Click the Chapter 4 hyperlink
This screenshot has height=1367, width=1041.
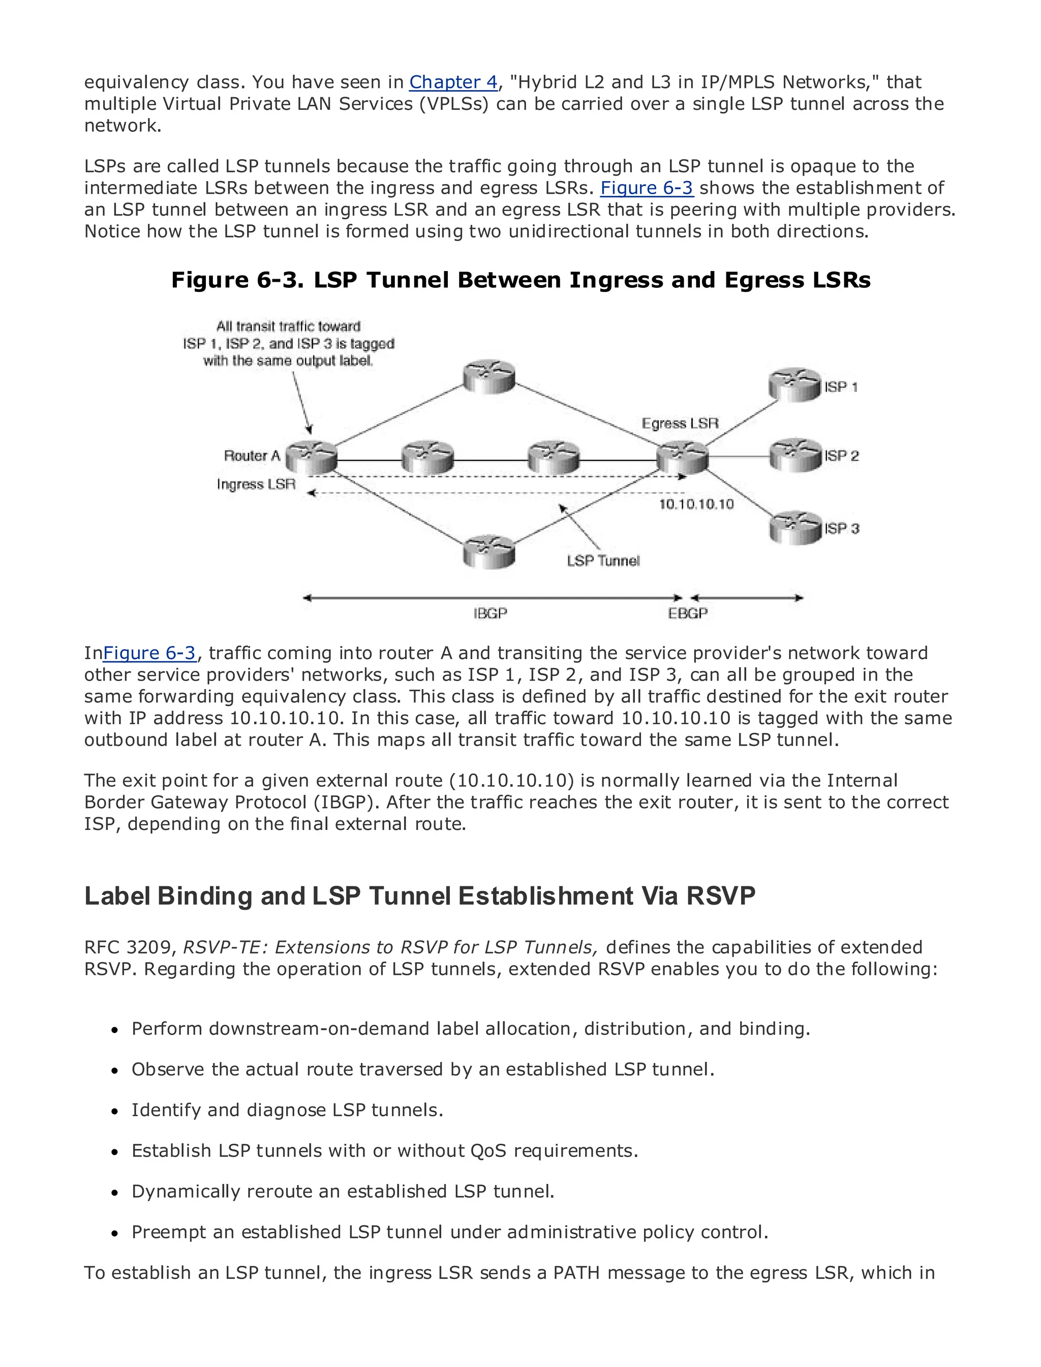453,82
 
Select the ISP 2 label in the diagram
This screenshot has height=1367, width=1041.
841,456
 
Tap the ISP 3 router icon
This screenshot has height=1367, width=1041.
795,528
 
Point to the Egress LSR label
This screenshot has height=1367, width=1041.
680,424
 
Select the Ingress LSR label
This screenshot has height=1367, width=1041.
256,484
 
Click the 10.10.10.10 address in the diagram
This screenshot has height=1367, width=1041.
696,504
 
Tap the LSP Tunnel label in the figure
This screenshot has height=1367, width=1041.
603,560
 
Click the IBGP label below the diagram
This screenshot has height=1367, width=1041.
490,613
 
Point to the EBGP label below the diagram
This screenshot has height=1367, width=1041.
688,613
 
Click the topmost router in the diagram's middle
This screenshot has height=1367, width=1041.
489,377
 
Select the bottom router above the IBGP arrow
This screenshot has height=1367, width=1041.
489,551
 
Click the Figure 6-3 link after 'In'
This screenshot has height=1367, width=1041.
149,653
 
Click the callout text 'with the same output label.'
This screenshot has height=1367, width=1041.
288,361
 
